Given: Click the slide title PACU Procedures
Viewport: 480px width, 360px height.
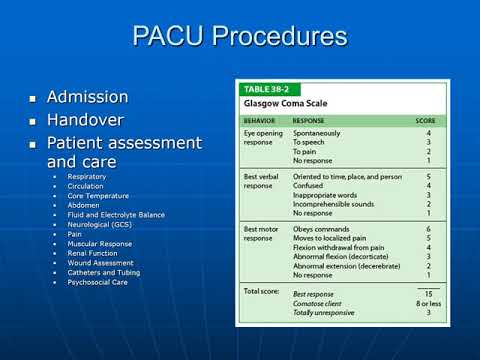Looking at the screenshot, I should (x=240, y=38).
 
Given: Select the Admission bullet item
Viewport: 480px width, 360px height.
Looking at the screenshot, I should (x=90, y=97).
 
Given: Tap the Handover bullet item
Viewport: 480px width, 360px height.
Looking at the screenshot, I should (x=88, y=118).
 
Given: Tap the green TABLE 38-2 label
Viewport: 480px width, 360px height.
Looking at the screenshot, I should (x=269, y=88).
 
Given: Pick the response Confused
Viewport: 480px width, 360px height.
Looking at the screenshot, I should (x=311, y=185).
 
